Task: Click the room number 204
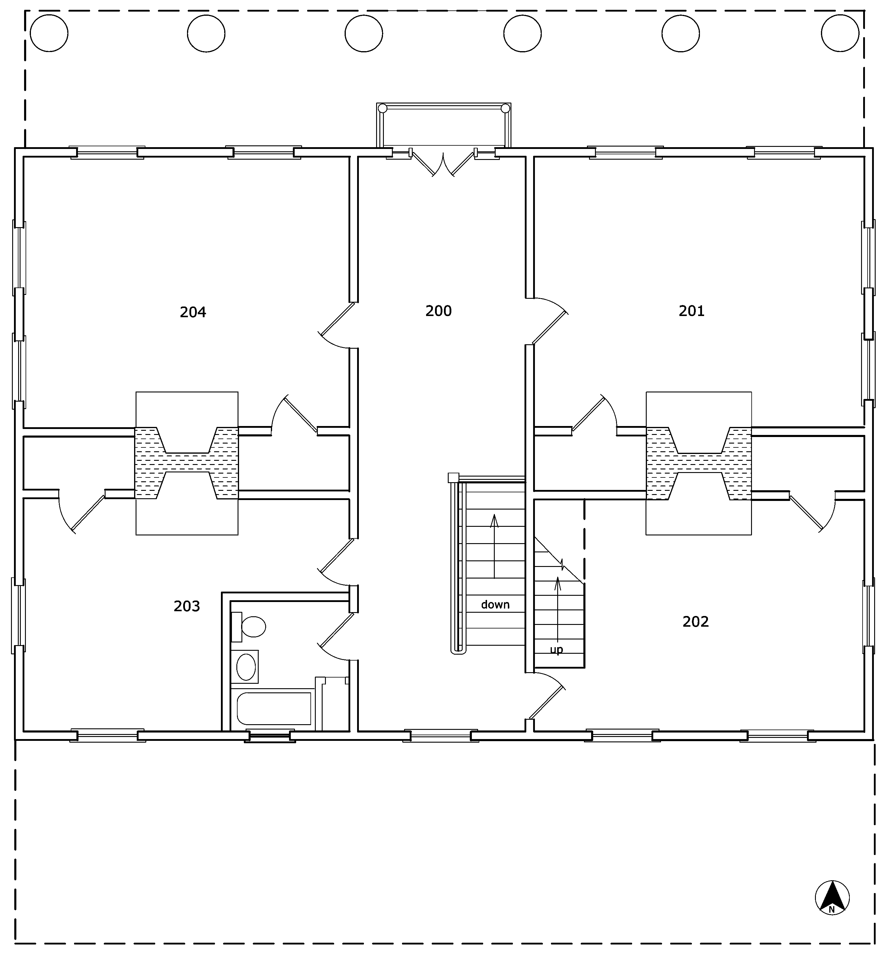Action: pyautogui.click(x=193, y=312)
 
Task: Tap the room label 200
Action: pyautogui.click(x=438, y=311)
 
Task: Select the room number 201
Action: pyautogui.click(x=691, y=311)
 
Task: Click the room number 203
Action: pyautogui.click(x=187, y=606)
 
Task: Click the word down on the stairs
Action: pyautogui.click(x=495, y=605)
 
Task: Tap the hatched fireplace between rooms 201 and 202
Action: pyautogui.click(x=699, y=463)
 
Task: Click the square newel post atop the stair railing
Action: pyautogui.click(x=453, y=477)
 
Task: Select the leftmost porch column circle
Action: pyautogui.click(x=49, y=33)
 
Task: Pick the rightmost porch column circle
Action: pyautogui.click(x=840, y=33)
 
